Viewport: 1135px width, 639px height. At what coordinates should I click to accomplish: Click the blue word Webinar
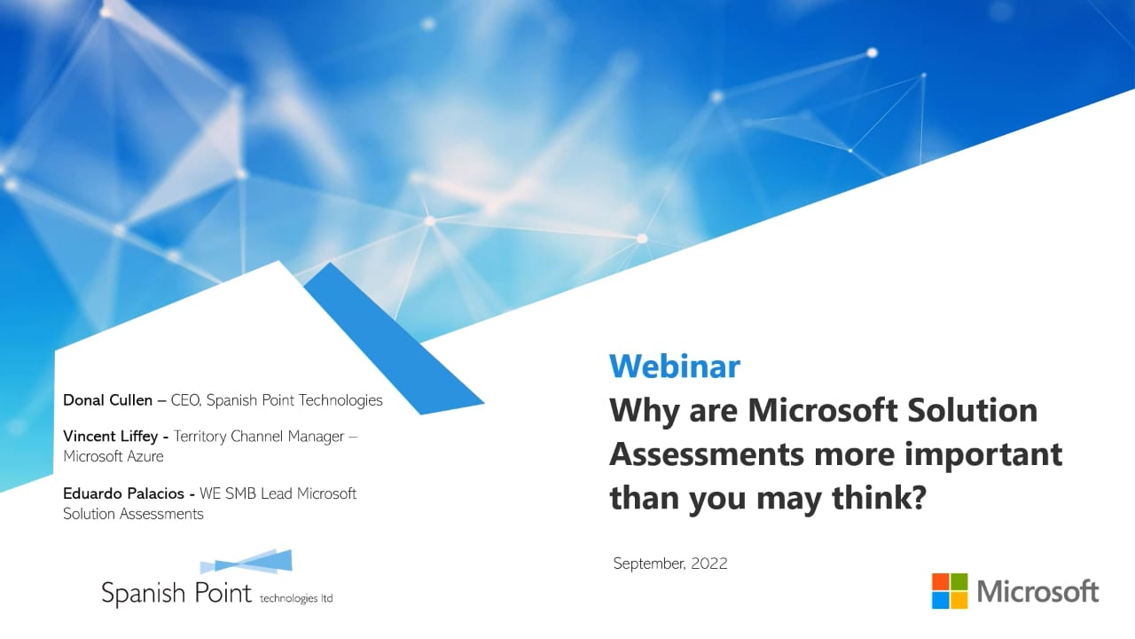674,366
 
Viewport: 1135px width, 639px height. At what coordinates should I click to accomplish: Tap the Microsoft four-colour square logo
950,591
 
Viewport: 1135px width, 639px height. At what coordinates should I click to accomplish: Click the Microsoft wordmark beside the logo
1037,592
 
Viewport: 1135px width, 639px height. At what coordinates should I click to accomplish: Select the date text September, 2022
670,564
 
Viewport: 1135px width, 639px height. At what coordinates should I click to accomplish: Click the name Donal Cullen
107,400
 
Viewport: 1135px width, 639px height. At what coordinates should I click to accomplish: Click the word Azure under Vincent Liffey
144,456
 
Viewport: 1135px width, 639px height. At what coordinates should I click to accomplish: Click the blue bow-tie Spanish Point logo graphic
247,563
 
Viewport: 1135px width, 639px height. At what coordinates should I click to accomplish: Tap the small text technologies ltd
296,598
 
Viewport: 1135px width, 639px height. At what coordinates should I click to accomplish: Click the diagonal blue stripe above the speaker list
390,337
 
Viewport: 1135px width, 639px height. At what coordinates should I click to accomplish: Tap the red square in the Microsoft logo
940,582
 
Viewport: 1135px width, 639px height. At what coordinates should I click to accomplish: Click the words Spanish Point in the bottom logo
176,593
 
